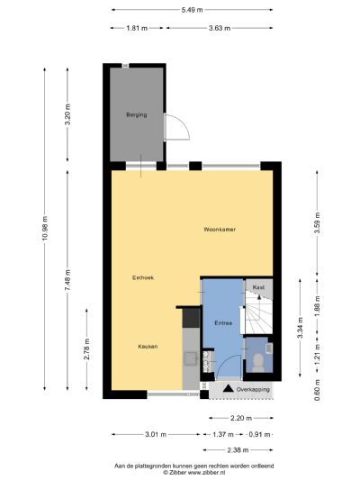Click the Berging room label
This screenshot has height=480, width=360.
[x=136, y=115]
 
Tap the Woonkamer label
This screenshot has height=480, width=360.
[x=219, y=230]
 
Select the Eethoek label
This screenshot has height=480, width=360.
[x=143, y=277]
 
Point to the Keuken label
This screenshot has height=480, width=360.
[x=148, y=346]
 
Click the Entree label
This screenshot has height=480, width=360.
[x=223, y=322]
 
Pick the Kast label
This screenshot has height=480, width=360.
[x=257, y=287]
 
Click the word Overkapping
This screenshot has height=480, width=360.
[x=253, y=389]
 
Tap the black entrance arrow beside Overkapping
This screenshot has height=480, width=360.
[x=229, y=389]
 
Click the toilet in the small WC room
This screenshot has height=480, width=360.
[x=258, y=359]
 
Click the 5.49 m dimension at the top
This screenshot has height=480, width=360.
[x=193, y=9]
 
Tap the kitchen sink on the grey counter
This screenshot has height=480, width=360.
[x=190, y=358]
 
